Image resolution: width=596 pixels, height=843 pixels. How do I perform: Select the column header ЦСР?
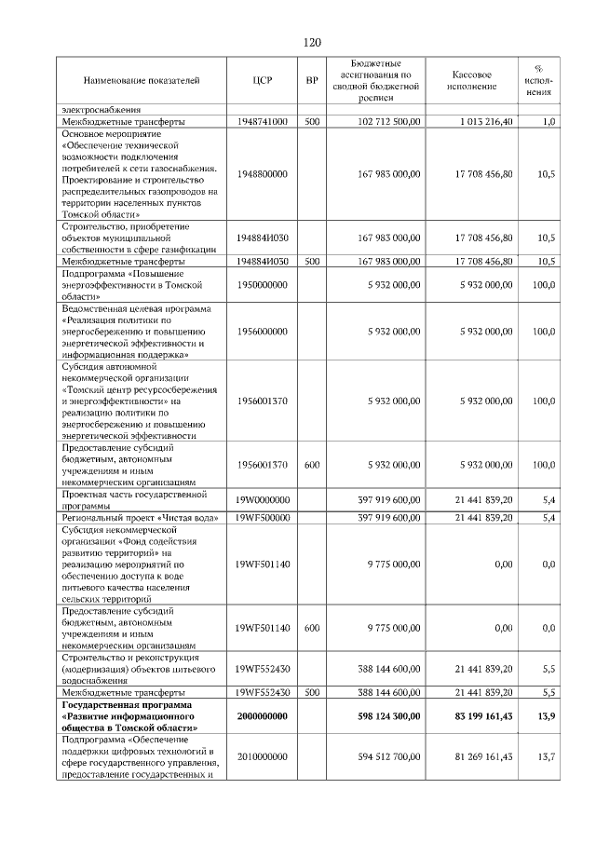point(262,81)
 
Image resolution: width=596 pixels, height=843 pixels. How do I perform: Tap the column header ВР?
point(312,81)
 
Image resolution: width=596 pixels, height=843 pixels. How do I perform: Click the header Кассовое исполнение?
point(472,81)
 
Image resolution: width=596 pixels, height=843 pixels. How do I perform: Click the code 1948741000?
point(262,122)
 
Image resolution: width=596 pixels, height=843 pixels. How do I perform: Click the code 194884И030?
point(262,238)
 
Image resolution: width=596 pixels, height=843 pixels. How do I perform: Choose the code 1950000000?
point(262,285)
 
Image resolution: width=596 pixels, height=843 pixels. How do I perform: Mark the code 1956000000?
point(262,331)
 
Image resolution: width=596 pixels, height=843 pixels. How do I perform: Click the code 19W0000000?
point(262,500)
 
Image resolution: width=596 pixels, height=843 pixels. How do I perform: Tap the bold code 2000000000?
point(262,716)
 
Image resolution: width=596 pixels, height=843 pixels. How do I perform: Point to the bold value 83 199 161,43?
point(474,716)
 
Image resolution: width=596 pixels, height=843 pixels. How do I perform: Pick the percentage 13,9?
point(547,716)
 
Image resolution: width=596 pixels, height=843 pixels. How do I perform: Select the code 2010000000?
point(262,757)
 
